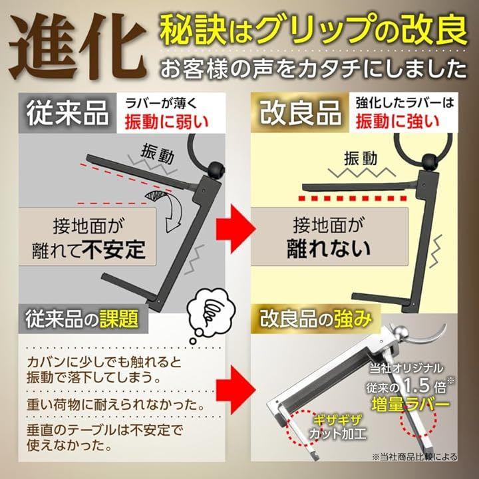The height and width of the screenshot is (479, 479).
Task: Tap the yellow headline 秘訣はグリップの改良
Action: pos(313,30)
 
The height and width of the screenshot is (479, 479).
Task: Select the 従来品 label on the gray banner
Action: pos(67,112)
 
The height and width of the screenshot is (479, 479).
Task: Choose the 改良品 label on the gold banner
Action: pos(300,112)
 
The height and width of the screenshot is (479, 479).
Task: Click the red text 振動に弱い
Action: pos(167,122)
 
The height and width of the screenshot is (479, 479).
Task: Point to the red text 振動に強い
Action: pos(398,122)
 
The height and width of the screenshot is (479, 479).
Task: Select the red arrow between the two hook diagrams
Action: pos(236,229)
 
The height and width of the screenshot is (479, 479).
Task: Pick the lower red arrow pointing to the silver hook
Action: pos(236,390)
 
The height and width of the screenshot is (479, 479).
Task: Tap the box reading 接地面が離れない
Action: pos(329,236)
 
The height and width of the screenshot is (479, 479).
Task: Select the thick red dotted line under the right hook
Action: pos(353,198)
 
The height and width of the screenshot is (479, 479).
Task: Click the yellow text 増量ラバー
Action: pos(410,404)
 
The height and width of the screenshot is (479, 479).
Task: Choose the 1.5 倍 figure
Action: pos(425,386)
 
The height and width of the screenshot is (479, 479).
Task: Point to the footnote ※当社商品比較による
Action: pos(415,457)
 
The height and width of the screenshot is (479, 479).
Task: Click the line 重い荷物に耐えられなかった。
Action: pos(116,405)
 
